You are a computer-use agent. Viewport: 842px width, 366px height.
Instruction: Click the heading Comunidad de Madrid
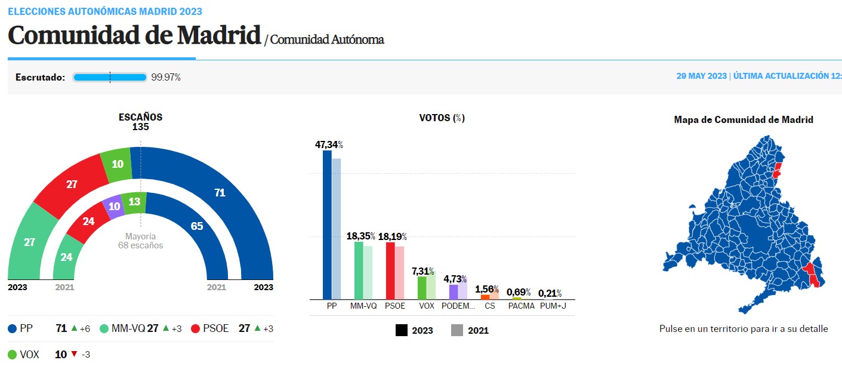(134, 36)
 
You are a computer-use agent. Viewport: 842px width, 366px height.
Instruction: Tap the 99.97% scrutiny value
(166, 77)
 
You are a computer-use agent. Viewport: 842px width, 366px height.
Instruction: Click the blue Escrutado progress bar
(110, 77)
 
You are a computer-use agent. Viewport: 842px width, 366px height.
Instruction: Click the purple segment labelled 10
(113, 206)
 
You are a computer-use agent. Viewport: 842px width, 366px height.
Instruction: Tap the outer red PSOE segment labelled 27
(72, 184)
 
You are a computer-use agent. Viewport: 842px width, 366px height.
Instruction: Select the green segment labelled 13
(134, 202)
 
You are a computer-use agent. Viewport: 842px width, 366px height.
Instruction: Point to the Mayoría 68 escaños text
(140, 241)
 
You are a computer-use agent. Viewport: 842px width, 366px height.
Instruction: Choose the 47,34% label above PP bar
(329, 144)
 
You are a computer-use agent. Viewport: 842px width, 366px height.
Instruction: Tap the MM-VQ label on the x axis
(363, 306)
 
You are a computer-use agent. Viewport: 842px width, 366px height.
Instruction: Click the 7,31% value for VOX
(422, 271)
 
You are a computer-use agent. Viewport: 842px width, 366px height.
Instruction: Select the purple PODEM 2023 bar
(454, 292)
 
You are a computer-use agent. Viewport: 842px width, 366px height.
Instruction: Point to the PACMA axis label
(522, 306)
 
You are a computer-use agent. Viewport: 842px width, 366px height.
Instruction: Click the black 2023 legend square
(401, 330)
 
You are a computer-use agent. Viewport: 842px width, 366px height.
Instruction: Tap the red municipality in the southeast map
(812, 275)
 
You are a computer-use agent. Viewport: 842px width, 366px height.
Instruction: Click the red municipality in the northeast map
(776, 168)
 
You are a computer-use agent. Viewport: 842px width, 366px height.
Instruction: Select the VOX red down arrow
(74, 354)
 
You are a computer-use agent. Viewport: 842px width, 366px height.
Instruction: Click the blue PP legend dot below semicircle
(12, 328)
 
